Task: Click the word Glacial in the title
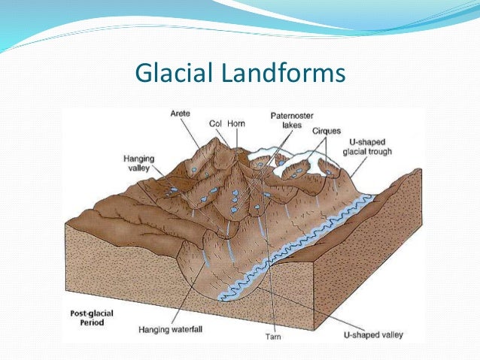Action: [x=169, y=74]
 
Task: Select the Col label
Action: [x=215, y=124]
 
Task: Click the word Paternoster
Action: [x=287, y=116]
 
